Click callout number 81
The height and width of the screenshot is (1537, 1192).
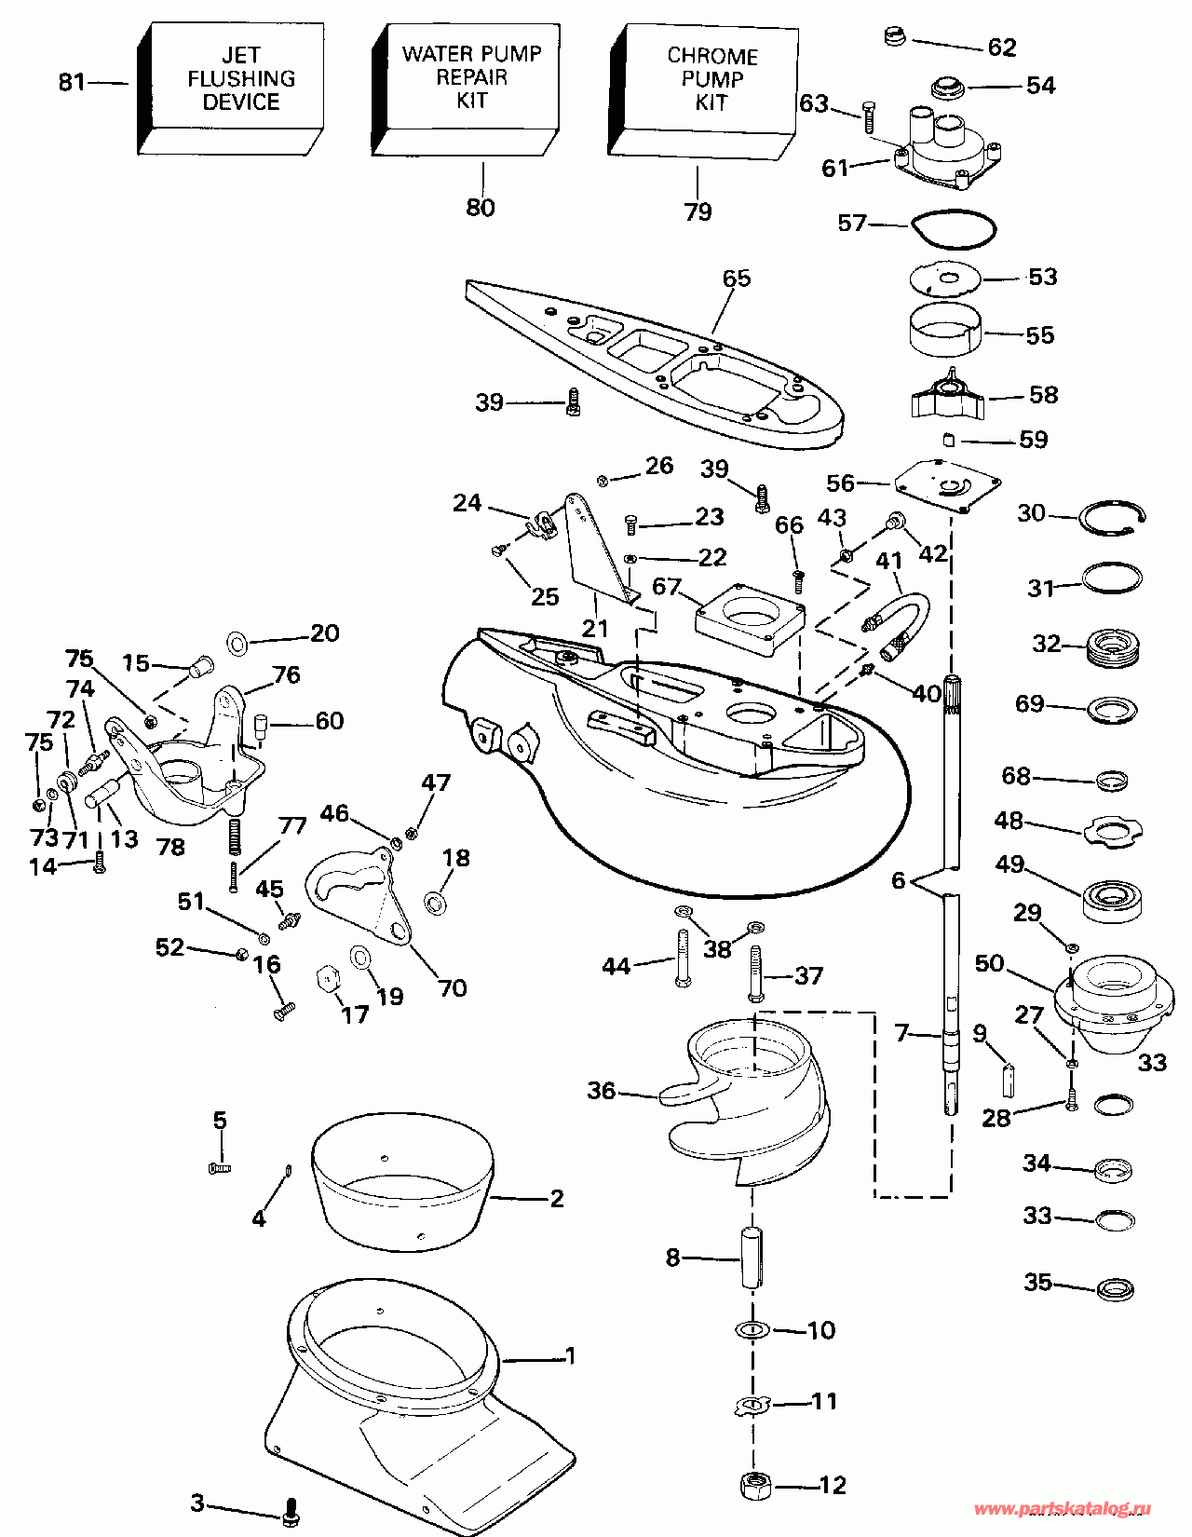click(x=72, y=83)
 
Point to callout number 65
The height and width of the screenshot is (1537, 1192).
click(x=736, y=279)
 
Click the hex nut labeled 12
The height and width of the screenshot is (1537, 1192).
click(x=755, y=1485)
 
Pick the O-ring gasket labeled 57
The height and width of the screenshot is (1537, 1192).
click(x=954, y=229)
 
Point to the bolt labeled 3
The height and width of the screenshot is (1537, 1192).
click(x=291, y=1511)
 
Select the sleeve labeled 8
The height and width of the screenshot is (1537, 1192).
click(x=752, y=1258)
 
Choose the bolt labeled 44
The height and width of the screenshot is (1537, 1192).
click(x=682, y=959)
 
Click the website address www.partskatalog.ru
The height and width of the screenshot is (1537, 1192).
click(x=1063, y=1509)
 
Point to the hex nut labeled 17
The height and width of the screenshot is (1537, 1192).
click(x=327, y=979)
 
